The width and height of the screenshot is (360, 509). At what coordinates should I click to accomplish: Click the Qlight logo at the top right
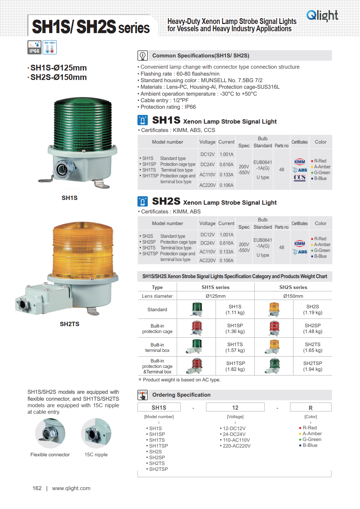point(322,15)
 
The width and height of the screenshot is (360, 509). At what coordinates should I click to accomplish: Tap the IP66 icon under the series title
point(35,47)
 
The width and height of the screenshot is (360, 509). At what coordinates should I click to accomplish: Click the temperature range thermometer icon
point(50,47)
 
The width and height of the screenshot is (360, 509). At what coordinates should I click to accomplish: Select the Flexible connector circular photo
point(50,433)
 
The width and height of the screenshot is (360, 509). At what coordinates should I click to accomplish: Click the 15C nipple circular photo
point(96,433)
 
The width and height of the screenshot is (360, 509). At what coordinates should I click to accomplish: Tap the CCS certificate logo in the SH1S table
point(300,178)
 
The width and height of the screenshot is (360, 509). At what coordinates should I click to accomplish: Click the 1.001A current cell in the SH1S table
point(226,154)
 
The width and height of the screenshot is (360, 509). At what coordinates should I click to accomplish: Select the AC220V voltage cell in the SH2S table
point(207,260)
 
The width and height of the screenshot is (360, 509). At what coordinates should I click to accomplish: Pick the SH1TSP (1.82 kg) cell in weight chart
point(235,366)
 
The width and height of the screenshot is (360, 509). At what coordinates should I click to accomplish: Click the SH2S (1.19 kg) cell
point(312,309)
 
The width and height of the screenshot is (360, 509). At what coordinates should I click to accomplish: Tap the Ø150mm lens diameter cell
point(293,296)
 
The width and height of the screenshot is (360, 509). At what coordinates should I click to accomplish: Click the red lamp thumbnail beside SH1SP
point(197,328)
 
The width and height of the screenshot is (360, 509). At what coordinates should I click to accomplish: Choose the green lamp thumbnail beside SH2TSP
point(274,366)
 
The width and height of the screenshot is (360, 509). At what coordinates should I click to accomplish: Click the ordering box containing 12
point(235,408)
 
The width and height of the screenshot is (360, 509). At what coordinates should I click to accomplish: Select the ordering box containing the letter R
point(311,408)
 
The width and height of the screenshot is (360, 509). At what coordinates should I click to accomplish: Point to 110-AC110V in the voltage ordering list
point(236,440)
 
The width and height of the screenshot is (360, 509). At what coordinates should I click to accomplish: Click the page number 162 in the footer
point(37,488)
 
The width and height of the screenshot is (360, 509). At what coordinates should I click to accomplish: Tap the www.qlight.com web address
point(71,488)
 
